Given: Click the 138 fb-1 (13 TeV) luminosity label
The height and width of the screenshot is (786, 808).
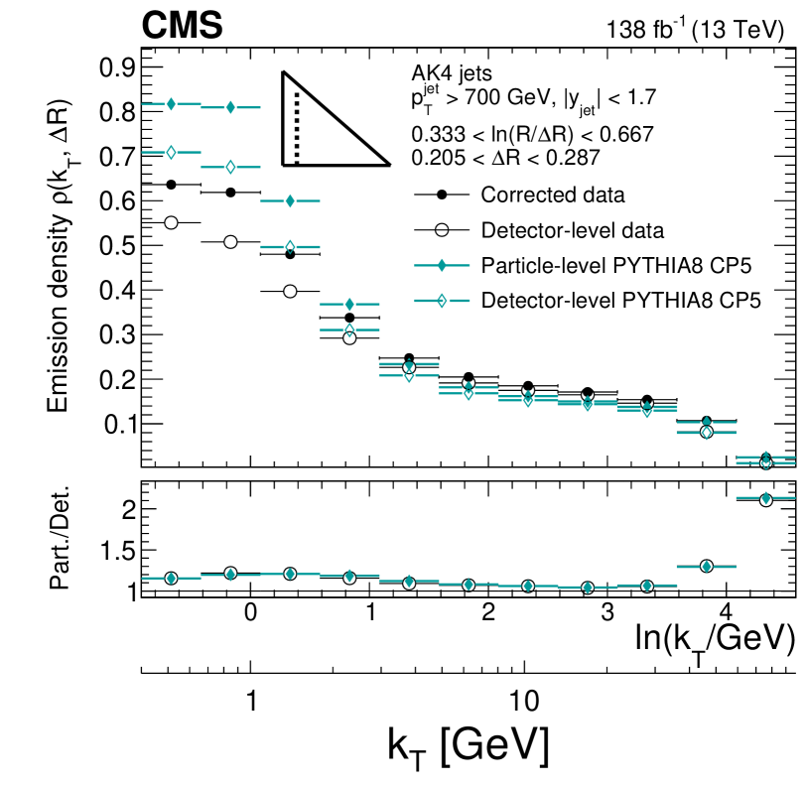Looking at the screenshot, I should [x=695, y=30].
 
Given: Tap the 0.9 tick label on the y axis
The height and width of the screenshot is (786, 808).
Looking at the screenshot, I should [x=116, y=68].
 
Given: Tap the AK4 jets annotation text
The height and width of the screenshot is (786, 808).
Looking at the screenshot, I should [x=452, y=72].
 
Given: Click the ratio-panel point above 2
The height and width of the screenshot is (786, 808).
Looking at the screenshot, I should [x=765, y=499].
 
